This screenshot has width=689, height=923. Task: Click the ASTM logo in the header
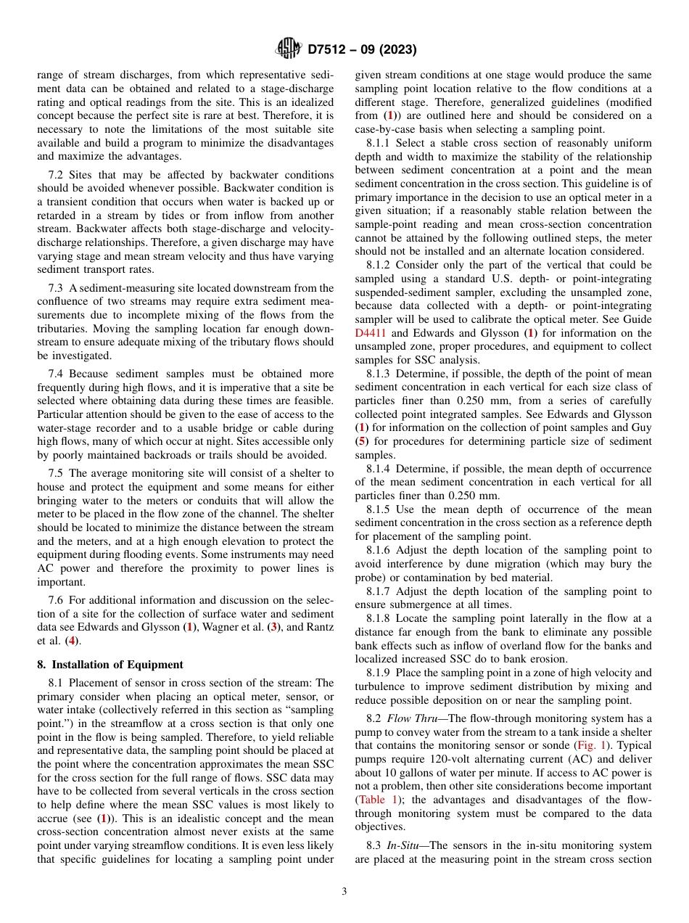pyautogui.click(x=289, y=49)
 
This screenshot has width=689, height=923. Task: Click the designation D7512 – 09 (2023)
pyautogui.click(x=362, y=50)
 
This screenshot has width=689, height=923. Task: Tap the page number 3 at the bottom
pyautogui.click(x=344, y=892)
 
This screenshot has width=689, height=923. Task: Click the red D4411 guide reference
pyautogui.click(x=371, y=333)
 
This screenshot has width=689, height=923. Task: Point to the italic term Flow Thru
pyautogui.click(x=408, y=718)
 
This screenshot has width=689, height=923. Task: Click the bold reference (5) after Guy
pyautogui.click(x=361, y=441)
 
